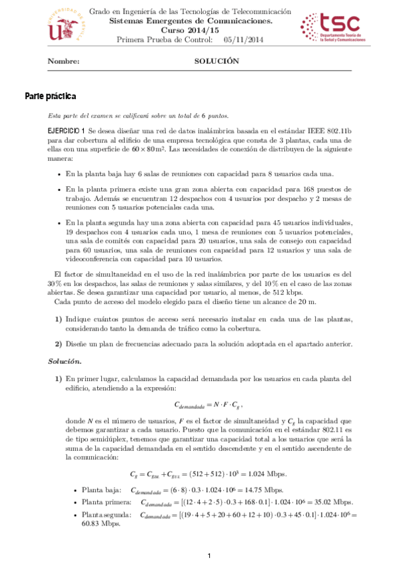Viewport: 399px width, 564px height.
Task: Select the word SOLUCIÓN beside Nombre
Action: (x=216, y=61)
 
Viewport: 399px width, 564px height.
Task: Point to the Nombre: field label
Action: (x=63, y=61)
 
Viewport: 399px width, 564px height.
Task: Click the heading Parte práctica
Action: (x=50, y=96)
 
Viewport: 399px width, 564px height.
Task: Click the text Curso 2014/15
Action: (x=199, y=31)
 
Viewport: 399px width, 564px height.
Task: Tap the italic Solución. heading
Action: (x=65, y=361)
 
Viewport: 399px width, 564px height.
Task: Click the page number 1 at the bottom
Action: (x=208, y=555)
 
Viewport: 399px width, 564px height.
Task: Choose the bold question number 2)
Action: (x=59, y=343)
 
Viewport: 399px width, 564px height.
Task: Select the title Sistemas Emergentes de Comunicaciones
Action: (x=199, y=21)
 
